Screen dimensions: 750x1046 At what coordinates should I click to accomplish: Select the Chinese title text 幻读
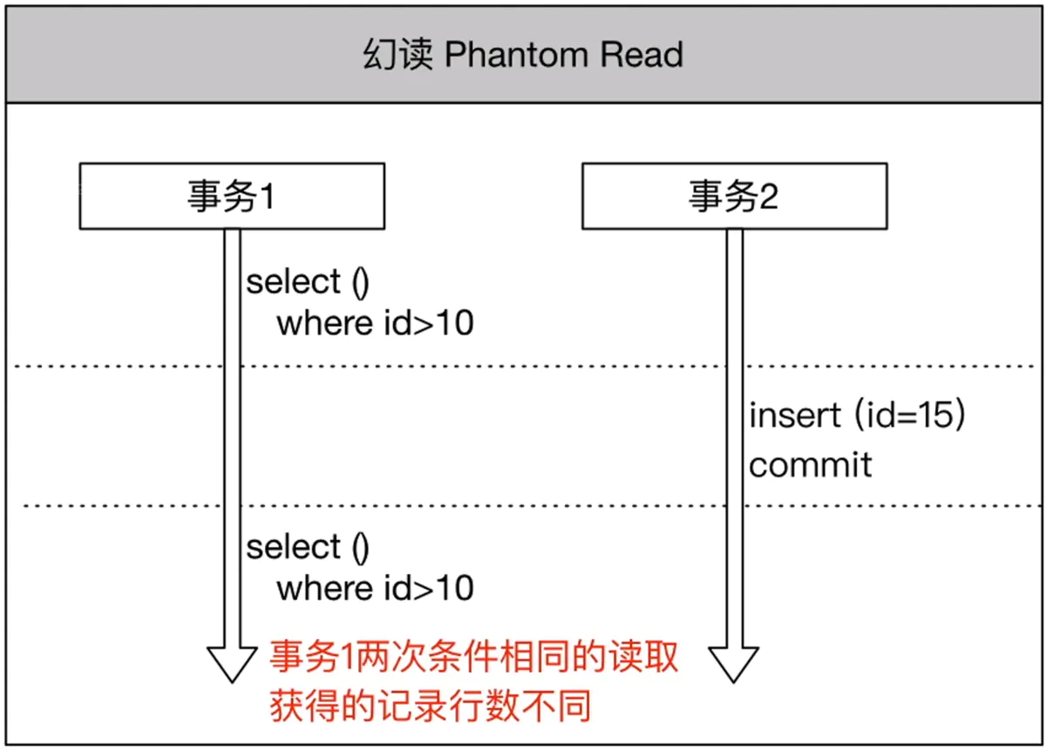[x=397, y=55]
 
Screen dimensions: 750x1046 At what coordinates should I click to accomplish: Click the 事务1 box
[x=232, y=197]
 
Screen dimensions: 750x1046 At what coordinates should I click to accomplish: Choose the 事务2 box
[x=734, y=197]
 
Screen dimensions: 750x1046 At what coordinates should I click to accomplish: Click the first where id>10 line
[x=375, y=324]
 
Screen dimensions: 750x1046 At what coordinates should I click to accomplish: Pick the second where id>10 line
[x=375, y=589]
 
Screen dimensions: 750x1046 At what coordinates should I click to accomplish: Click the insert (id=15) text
[x=857, y=416]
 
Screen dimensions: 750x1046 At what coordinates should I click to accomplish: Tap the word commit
[x=810, y=464]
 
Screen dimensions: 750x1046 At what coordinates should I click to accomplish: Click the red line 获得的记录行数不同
[x=430, y=705]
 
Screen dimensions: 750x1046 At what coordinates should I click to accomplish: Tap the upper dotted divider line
[x=523, y=366]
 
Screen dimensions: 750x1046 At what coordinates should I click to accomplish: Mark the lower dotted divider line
[x=523, y=505]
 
